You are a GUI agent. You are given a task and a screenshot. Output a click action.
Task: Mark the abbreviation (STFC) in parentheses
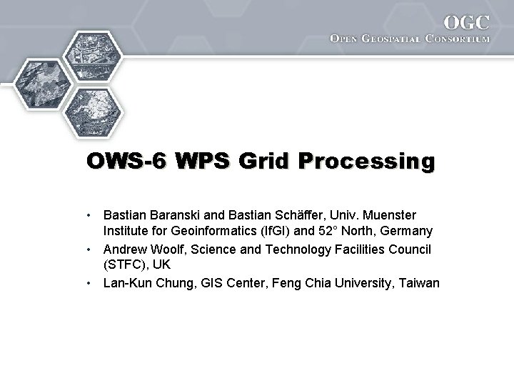[x=126, y=264]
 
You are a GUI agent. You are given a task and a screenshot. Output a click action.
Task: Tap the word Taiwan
[x=420, y=282]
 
